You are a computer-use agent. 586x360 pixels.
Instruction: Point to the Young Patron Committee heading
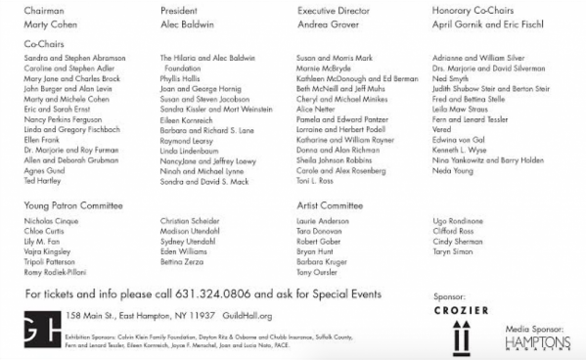coord(73,206)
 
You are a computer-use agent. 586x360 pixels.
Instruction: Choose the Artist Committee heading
coord(329,206)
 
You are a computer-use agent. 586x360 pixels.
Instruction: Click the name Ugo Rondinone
coord(459,222)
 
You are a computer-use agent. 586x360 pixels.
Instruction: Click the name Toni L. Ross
coord(316,182)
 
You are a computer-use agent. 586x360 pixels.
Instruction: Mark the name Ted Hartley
coord(43,182)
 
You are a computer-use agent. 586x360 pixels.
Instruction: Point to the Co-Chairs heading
coord(43,45)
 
